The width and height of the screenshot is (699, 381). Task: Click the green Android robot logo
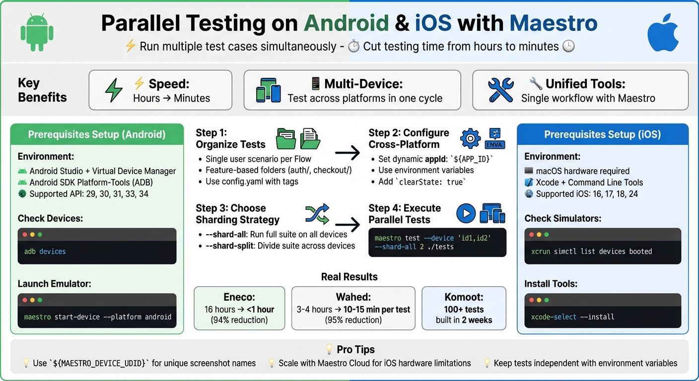click(36, 32)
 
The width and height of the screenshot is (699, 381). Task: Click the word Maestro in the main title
click(554, 23)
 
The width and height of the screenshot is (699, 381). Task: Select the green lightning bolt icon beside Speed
click(114, 91)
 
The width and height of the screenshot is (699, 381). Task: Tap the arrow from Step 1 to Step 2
click(348, 153)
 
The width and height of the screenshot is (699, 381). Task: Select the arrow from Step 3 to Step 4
click(348, 225)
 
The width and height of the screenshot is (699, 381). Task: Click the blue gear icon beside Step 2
click(470, 138)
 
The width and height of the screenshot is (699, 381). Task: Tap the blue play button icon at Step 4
click(466, 213)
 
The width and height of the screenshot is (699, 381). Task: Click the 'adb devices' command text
click(45, 252)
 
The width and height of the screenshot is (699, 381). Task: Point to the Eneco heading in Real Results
click(239, 297)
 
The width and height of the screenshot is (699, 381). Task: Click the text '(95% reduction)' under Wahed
click(353, 320)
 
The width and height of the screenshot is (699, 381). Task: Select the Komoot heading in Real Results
click(464, 297)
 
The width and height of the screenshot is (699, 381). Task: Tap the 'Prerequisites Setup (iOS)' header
click(603, 134)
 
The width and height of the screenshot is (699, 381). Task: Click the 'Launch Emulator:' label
click(55, 284)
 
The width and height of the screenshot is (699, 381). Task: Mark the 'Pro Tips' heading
click(355, 349)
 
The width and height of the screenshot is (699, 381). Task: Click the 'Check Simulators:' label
click(563, 218)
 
